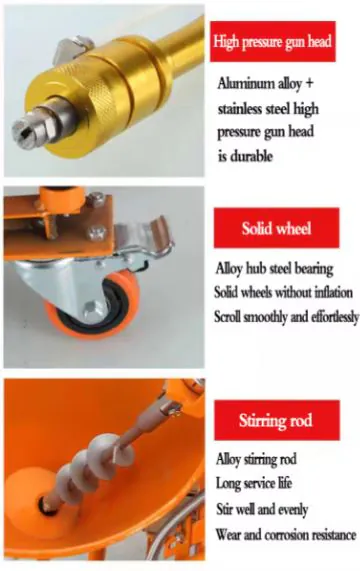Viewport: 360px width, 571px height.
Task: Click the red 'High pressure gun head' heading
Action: (x=273, y=41)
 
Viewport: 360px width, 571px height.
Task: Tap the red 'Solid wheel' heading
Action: (x=276, y=228)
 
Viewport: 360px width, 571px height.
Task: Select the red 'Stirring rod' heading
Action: (x=277, y=420)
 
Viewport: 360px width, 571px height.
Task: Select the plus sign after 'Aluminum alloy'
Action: (x=308, y=83)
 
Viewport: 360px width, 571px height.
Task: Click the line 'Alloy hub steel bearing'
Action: (x=274, y=269)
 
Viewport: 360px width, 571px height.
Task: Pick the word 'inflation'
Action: (x=333, y=292)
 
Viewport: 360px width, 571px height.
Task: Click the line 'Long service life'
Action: (x=254, y=484)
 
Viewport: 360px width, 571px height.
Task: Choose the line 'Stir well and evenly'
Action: (x=262, y=509)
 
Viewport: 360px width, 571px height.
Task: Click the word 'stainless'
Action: (x=240, y=109)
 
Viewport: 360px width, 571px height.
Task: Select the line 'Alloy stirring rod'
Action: (x=256, y=459)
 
